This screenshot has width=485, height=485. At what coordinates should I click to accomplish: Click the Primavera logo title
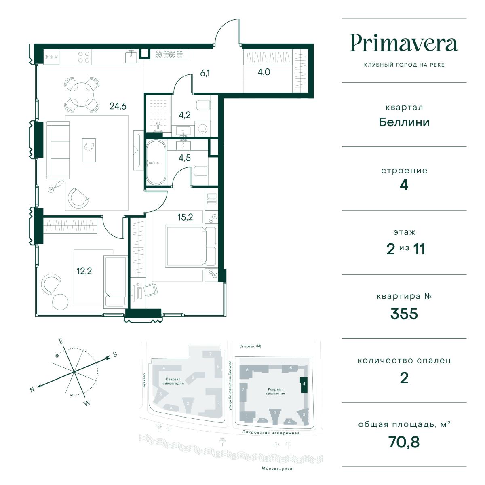(x=404, y=43)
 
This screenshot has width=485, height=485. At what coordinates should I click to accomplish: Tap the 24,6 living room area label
(x=118, y=106)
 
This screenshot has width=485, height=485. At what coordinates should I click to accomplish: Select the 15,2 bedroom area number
(x=185, y=217)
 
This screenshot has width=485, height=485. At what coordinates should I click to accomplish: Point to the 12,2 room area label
(x=84, y=271)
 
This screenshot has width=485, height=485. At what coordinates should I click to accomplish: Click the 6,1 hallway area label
(x=205, y=73)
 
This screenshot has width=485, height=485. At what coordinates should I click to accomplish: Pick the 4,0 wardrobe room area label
(x=264, y=72)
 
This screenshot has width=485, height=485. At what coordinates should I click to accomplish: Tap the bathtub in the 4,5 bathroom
(x=156, y=162)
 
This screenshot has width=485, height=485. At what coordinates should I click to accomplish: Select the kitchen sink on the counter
(x=131, y=57)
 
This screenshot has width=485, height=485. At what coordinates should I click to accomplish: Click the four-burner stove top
(x=84, y=57)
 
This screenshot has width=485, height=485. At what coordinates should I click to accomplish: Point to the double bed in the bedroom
(x=191, y=246)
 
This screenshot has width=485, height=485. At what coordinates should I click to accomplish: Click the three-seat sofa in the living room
(x=58, y=150)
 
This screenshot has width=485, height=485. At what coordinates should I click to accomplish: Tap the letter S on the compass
(x=115, y=354)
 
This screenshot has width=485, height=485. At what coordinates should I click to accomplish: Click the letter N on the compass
(x=32, y=390)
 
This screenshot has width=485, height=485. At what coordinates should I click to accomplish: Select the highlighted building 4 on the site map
(x=304, y=385)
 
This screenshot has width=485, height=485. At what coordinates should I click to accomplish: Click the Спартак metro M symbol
(x=259, y=346)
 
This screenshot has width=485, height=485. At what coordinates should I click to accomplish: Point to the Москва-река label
(x=277, y=469)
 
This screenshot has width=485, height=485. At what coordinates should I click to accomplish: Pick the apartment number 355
(x=404, y=314)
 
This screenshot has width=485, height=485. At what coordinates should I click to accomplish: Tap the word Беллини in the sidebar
(x=404, y=122)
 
